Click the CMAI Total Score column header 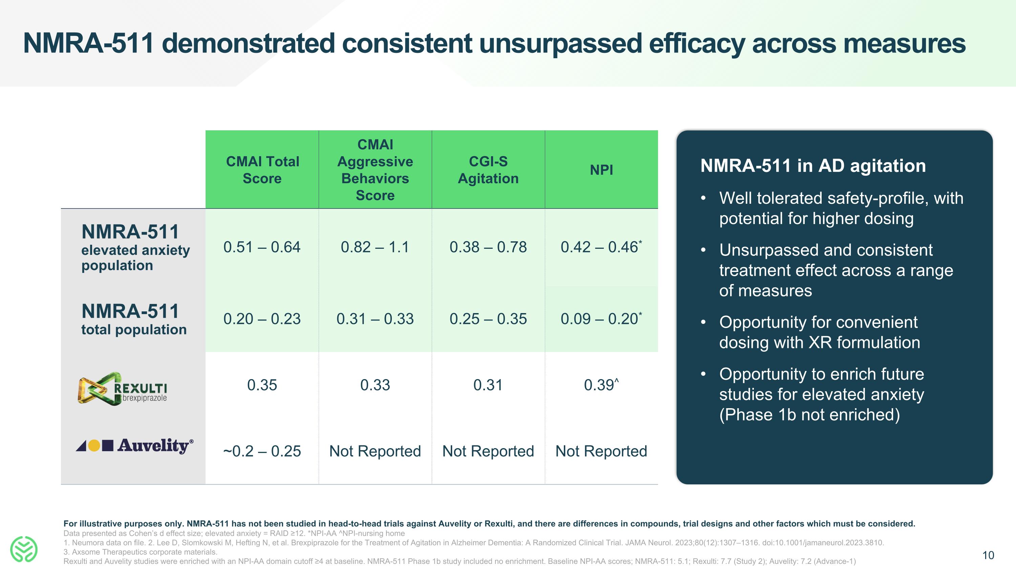pyautogui.click(x=262, y=170)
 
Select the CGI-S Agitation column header pyautogui.click(x=488, y=170)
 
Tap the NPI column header pyautogui.click(x=601, y=170)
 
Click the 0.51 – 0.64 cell pyautogui.click(x=262, y=247)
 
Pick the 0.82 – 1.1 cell pyautogui.click(x=375, y=247)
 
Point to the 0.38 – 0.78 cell pyautogui.click(x=488, y=247)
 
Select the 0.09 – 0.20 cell pyautogui.click(x=599, y=319)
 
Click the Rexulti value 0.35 pyautogui.click(x=262, y=385)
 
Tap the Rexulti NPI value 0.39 pyautogui.click(x=599, y=385)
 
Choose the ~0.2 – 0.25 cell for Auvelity pyautogui.click(x=262, y=451)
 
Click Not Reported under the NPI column pyautogui.click(x=601, y=451)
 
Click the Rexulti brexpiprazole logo pyautogui.click(x=122, y=389)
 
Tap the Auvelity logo pyautogui.click(x=134, y=446)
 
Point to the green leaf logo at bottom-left pyautogui.click(x=24, y=549)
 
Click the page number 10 pyautogui.click(x=988, y=555)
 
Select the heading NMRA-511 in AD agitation pyautogui.click(x=812, y=166)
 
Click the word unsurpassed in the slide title pyautogui.click(x=560, y=43)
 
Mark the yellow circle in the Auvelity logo pyautogui.click(x=94, y=446)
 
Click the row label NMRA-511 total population pyautogui.click(x=133, y=319)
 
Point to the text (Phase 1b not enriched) pyautogui.click(x=809, y=415)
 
